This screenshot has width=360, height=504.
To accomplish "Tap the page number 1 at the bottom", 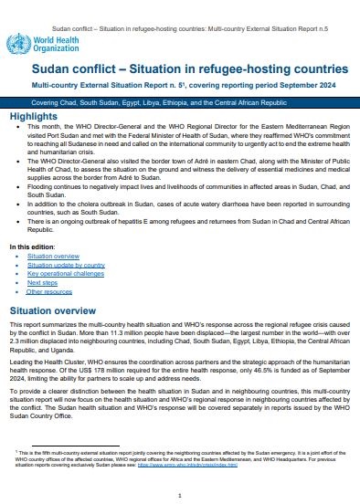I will pos(180,494).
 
